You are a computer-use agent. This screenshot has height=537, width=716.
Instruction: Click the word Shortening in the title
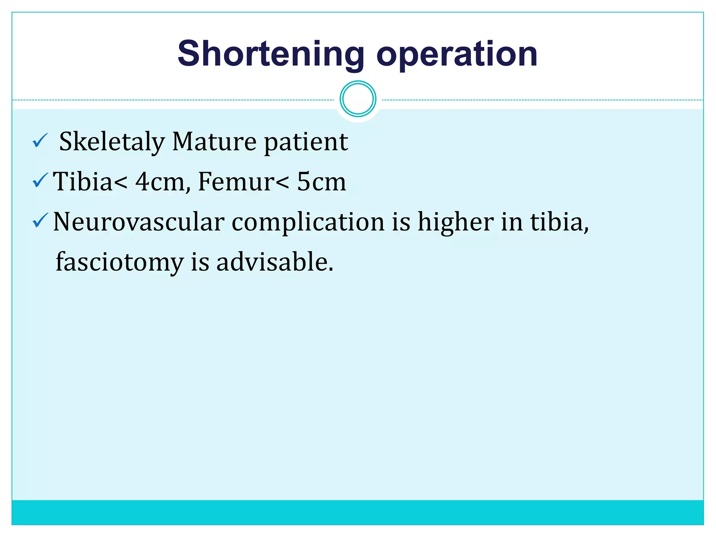coord(271,54)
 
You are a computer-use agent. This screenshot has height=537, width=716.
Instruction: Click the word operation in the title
coord(457,54)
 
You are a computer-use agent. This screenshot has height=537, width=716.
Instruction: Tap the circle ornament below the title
coord(358,99)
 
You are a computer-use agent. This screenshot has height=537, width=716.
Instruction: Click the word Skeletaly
coord(112,142)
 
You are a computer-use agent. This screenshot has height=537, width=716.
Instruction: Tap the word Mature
coord(214,142)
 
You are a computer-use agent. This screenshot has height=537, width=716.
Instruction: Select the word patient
coord(306,143)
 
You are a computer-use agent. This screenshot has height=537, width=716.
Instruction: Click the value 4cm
coord(160,182)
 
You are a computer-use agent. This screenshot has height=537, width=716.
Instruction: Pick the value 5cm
coord(321,182)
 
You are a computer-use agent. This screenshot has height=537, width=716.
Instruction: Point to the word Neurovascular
coord(138,222)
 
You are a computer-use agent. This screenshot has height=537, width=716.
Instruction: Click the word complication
coord(308,223)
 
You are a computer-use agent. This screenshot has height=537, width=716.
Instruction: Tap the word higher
coord(456,222)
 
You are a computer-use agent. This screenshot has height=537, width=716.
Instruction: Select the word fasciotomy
coord(120,262)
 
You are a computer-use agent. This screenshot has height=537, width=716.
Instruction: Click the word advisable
coord(274,262)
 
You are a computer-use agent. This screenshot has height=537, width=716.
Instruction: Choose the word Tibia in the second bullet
coord(83,182)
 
